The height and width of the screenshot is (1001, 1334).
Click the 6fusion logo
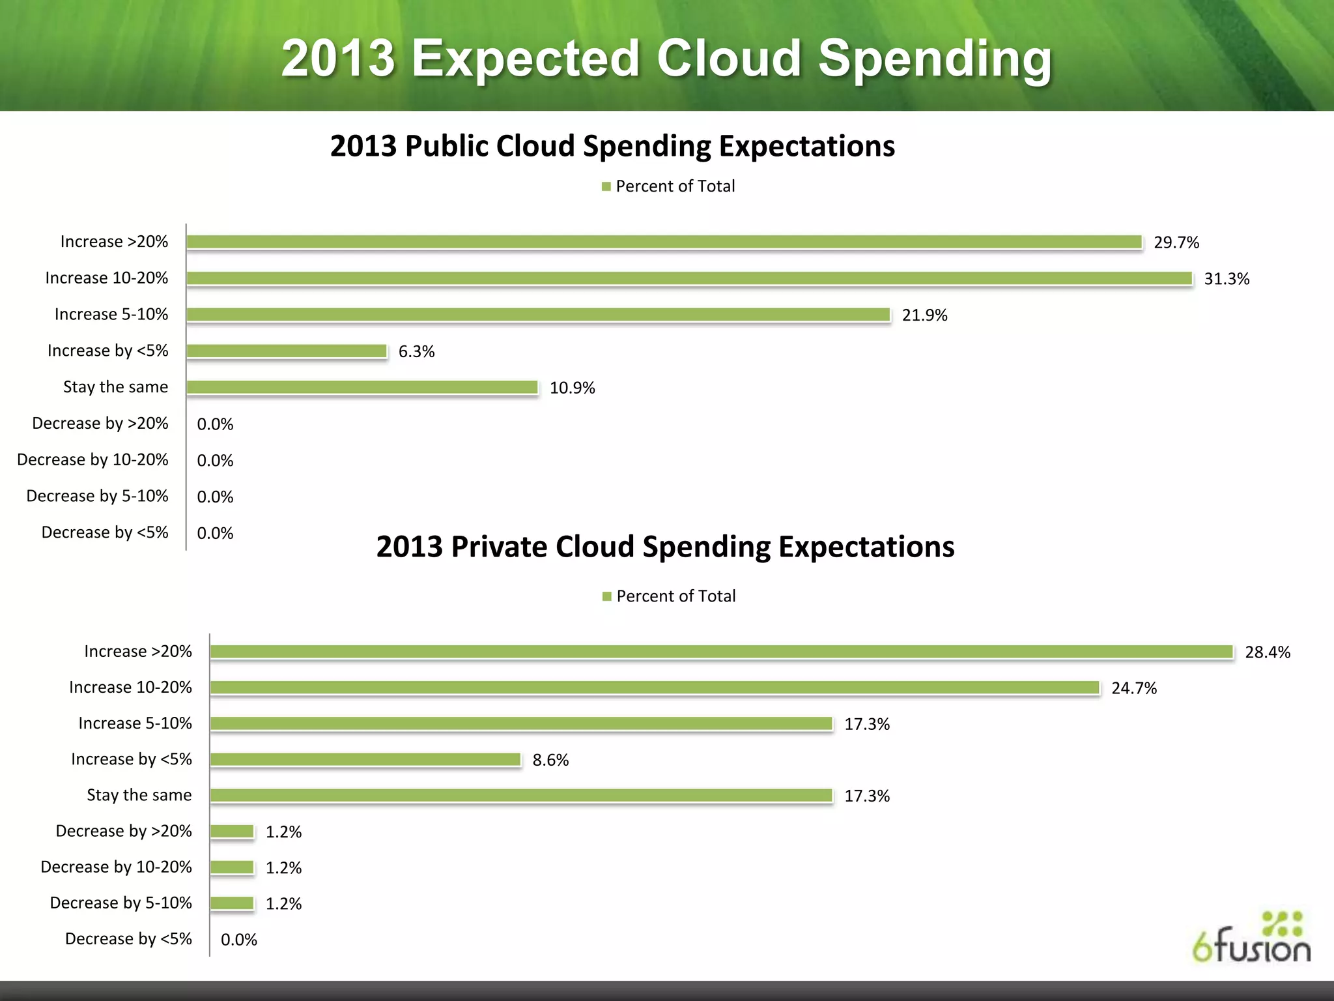(x=1251, y=938)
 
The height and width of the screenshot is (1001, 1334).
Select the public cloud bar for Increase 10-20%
(x=689, y=278)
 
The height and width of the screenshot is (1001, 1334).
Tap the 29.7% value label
(x=1176, y=242)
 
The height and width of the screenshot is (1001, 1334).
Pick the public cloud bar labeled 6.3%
(x=287, y=351)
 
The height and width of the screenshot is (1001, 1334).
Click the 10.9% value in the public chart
(x=572, y=388)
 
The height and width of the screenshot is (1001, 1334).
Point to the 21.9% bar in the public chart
(x=538, y=315)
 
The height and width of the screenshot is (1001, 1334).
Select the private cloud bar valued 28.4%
(x=722, y=652)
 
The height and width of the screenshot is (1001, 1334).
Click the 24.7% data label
(x=1133, y=688)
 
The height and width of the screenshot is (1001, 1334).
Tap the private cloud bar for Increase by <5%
(x=365, y=759)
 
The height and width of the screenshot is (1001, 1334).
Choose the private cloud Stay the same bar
(x=521, y=795)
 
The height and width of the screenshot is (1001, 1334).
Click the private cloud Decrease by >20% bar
(x=232, y=831)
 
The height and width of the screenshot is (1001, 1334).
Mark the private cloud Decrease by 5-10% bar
(x=232, y=903)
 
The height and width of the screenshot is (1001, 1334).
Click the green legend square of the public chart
(x=606, y=187)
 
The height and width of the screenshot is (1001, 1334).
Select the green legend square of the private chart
(x=606, y=596)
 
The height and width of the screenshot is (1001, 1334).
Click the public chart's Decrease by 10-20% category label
(x=92, y=459)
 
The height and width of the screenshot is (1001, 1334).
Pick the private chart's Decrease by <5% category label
(x=128, y=938)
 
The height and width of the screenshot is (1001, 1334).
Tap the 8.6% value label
(x=550, y=760)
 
